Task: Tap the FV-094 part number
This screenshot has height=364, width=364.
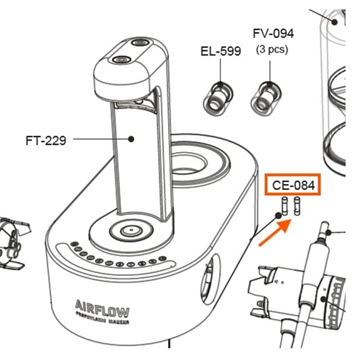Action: tap(273, 33)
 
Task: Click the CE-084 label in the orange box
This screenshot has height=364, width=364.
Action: tap(293, 186)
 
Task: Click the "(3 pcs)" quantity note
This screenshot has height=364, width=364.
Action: tap(272, 50)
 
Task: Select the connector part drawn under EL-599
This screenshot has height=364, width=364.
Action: tap(218, 97)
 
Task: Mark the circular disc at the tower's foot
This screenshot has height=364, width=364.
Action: tap(130, 232)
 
